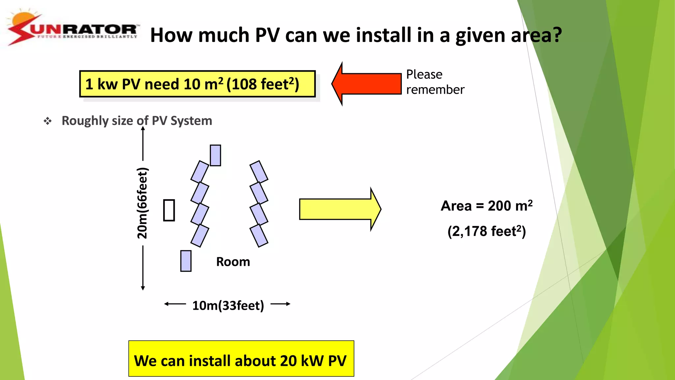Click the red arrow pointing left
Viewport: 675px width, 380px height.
point(366,84)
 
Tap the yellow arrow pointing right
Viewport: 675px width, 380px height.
point(339,209)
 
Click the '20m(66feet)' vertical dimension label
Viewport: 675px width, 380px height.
point(142,203)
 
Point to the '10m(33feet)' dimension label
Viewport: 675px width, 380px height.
point(228,305)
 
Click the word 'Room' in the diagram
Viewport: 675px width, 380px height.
point(233,262)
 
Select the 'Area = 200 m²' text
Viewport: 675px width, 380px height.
point(486,206)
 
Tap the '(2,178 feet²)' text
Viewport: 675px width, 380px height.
point(486,231)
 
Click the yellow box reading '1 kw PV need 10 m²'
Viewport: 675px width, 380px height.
point(197,84)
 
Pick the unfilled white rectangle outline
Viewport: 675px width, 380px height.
point(169,210)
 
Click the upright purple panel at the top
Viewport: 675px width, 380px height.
point(215,155)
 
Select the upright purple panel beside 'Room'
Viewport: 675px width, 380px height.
point(186,261)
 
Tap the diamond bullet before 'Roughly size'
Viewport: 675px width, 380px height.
point(48,121)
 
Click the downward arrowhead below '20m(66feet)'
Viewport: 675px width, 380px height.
point(143,288)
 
